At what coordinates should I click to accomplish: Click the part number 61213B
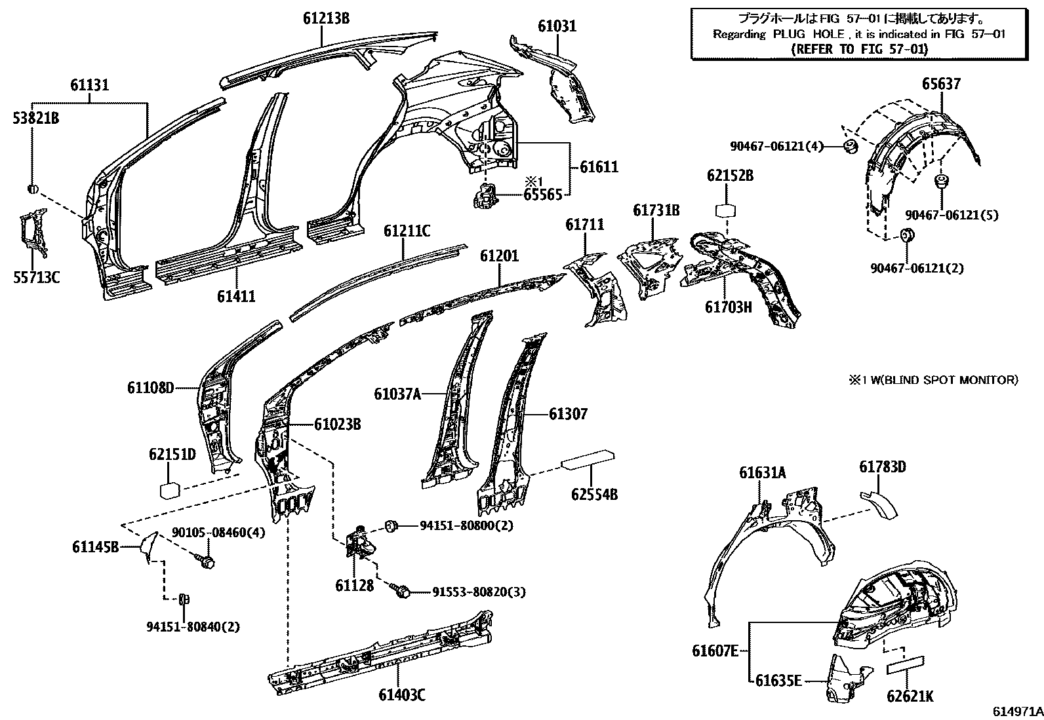(326, 18)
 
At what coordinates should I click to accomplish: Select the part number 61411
(236, 297)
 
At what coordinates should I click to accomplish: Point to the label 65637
(941, 84)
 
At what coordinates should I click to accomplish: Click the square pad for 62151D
(170, 490)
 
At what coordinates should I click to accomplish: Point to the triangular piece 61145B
(149, 545)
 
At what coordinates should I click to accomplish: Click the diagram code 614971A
(1016, 711)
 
